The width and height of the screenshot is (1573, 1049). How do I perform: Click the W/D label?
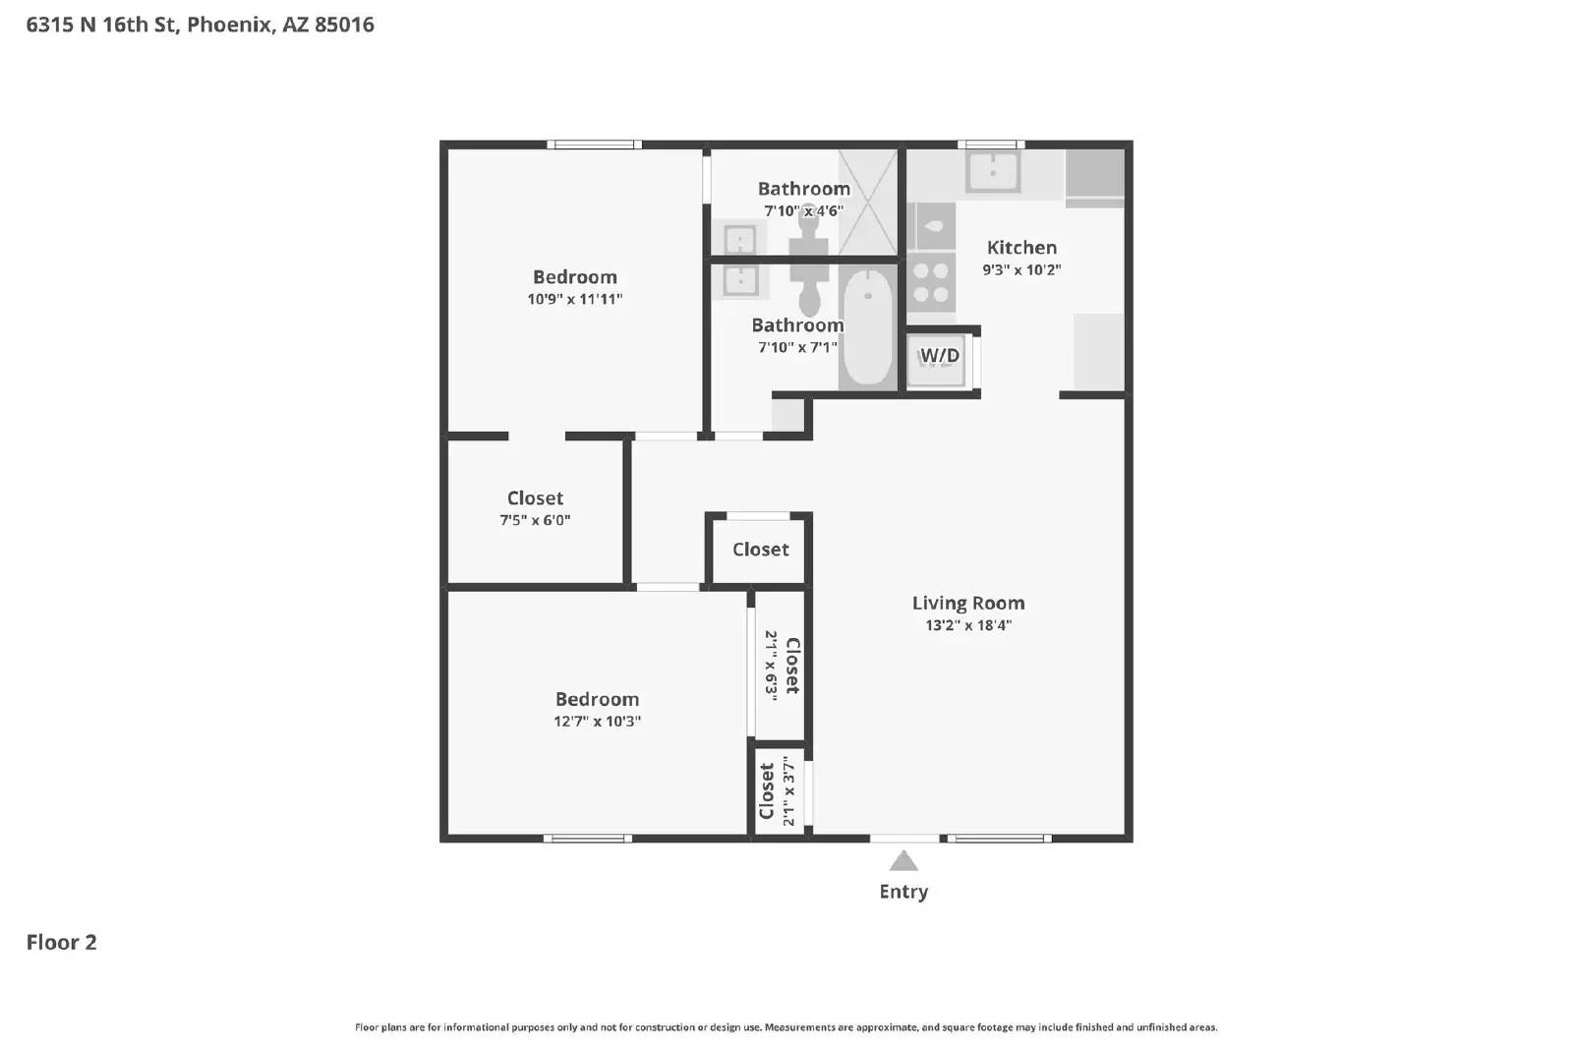(939, 355)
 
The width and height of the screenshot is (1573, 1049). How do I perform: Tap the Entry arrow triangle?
(903, 862)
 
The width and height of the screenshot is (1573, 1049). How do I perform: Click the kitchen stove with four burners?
(931, 282)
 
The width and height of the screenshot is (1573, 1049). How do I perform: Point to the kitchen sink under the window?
(993, 173)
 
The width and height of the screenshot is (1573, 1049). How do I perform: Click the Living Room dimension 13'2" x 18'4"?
(967, 625)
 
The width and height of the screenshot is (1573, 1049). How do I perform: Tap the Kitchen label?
(1021, 248)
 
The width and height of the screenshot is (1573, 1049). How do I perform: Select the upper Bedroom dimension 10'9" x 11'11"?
(574, 299)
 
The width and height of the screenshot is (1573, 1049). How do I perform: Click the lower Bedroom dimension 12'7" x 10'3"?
(597, 721)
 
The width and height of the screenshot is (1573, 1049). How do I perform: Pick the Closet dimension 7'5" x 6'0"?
(535, 520)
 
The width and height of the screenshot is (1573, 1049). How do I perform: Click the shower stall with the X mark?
(868, 203)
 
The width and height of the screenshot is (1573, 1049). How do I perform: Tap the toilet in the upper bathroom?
(809, 236)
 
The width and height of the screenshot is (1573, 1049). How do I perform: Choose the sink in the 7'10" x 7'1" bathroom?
(739, 281)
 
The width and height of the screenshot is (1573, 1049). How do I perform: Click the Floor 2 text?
(61, 942)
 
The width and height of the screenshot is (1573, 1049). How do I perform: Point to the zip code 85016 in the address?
(344, 25)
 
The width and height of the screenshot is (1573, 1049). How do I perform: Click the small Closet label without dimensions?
(760, 550)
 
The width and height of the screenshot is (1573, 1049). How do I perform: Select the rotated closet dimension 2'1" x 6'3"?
(772, 665)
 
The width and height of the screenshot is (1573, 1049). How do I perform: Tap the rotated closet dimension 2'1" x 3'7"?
(788, 791)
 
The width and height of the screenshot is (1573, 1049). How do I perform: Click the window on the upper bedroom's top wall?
(594, 145)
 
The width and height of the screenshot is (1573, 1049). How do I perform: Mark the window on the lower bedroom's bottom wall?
(588, 839)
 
